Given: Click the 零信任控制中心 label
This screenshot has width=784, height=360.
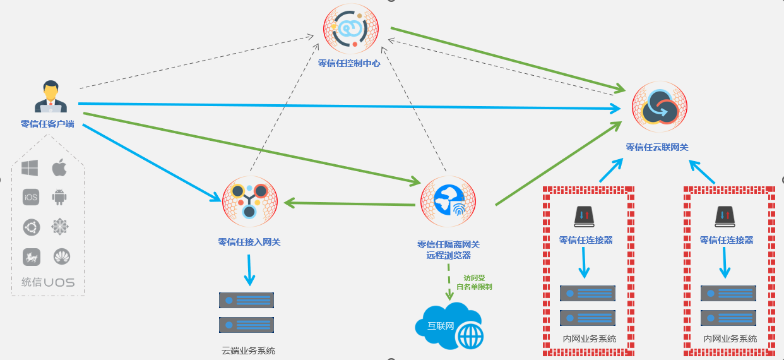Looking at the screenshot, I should pyautogui.click(x=349, y=63).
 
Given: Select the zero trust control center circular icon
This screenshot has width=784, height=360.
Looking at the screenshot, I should pyautogui.click(x=351, y=29).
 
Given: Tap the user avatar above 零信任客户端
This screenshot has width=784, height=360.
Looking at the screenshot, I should pyautogui.click(x=50, y=97).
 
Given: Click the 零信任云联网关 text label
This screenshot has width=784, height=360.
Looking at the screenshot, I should pyautogui.click(x=656, y=147).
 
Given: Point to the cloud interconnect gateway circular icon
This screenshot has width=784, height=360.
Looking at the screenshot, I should pyautogui.click(x=660, y=108).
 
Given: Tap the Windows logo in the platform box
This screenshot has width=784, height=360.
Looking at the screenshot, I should pyautogui.click(x=30, y=168).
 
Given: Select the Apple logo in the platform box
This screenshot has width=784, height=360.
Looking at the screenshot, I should pyautogui.click(x=59, y=168).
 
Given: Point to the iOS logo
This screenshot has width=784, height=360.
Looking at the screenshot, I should pyautogui.click(x=30, y=197).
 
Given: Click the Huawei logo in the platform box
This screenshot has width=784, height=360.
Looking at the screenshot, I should pyautogui.click(x=62, y=256).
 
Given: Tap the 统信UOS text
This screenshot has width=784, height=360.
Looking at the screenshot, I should pyautogui.click(x=48, y=282).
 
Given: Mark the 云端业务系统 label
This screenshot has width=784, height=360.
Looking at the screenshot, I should pyautogui.click(x=248, y=351).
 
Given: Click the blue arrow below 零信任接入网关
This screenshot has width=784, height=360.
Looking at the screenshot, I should pyautogui.click(x=249, y=270).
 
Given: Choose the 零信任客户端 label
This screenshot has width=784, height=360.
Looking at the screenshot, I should pyautogui.click(x=47, y=124).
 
